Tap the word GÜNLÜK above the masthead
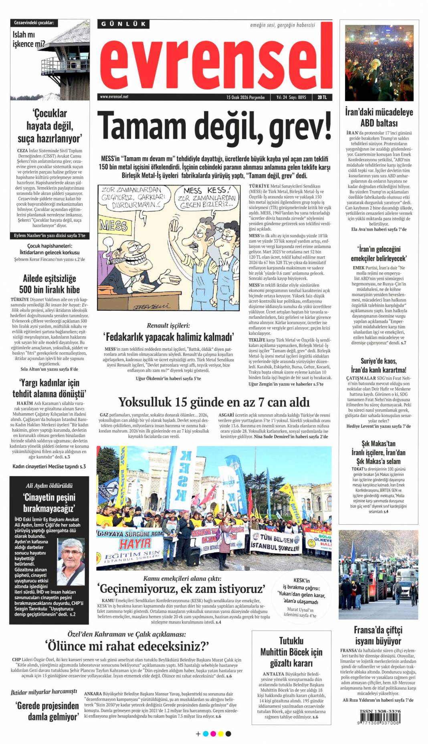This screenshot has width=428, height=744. point(123,24)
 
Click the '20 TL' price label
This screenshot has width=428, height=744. point(322,97)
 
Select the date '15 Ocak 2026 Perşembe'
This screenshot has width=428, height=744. point(245,97)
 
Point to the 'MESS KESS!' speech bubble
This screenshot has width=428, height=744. point(206,197)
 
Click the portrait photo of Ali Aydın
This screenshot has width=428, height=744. point(71,562)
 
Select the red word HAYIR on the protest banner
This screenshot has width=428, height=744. point(135,544)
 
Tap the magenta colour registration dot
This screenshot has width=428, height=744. point(213,734)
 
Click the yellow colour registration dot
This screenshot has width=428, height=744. point(220,734)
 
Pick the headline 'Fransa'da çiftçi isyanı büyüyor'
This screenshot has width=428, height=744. point(378,635)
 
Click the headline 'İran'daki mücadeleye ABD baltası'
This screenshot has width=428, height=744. point(379,117)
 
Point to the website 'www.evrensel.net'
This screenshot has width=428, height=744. point(114,97)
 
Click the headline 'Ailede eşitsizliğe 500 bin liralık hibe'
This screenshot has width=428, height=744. point(49,284)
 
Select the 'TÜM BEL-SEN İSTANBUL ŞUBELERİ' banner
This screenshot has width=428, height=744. point(275,542)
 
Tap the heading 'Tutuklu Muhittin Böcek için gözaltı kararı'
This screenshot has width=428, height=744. point(291,651)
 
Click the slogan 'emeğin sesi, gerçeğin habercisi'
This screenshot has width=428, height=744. point(282,25)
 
